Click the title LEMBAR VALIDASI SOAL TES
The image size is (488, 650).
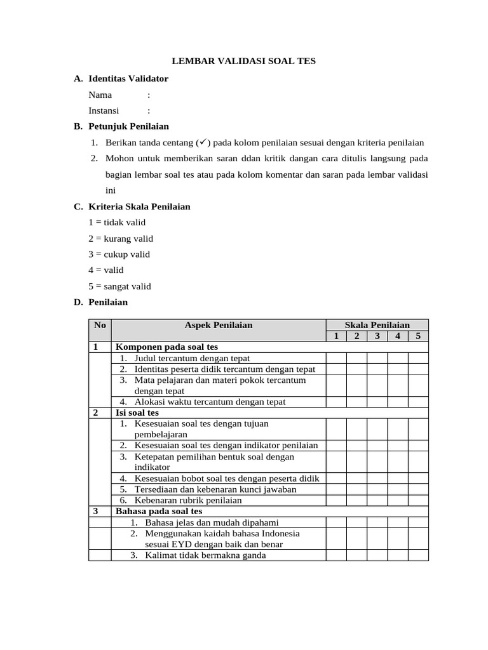pos(245,61)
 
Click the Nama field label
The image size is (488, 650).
pos(100,95)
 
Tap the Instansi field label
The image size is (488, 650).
pos(104,110)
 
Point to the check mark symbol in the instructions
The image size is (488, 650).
pos(205,142)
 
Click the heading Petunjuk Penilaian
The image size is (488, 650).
pos(128,126)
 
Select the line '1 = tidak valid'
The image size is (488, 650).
pos(117,222)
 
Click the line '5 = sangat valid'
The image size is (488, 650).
pos(119,286)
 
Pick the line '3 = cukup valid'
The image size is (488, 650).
pos(119,254)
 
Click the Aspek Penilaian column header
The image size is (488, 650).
pos(219,325)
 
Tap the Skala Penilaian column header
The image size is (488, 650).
pos(377,325)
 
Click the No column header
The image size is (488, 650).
pos(100,325)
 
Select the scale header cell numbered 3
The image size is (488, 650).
pos(377,336)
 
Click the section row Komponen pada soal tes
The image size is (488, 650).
pos(166,347)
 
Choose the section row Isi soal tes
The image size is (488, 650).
pos(137,413)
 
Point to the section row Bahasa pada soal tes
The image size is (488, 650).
pos(159,511)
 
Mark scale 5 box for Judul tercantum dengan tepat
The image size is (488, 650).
pos(418,358)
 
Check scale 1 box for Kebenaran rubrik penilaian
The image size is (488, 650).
pos(336,500)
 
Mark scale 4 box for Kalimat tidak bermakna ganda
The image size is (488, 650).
pos(398,555)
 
